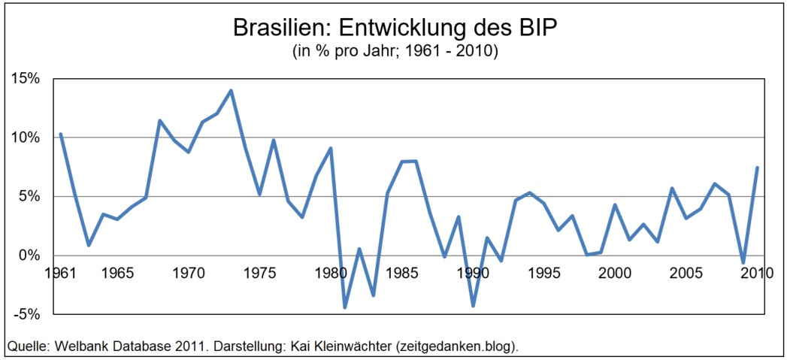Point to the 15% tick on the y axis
tap(26, 79)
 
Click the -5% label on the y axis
tap(28, 314)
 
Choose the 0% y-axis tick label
tap(31, 256)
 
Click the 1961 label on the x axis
tap(60, 273)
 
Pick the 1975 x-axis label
tap(259, 273)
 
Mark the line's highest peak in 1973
tap(231, 91)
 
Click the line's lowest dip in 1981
tap(345, 307)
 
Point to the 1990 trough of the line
tap(474, 306)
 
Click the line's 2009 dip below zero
tap(743, 263)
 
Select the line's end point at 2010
tap(758, 168)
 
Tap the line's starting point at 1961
tap(60, 134)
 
